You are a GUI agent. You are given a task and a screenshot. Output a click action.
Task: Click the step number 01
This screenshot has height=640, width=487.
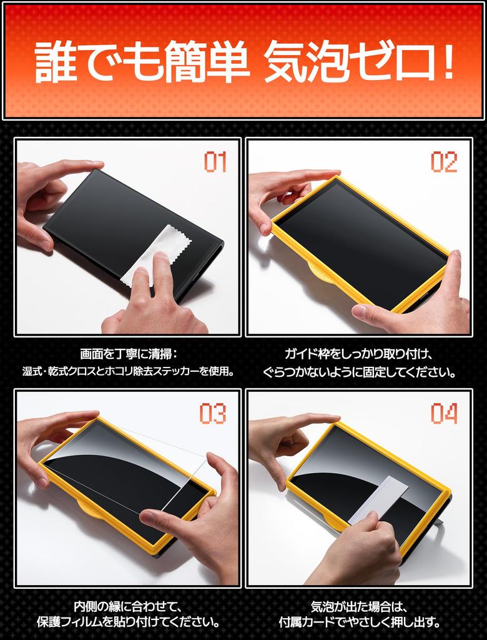tap(215, 162)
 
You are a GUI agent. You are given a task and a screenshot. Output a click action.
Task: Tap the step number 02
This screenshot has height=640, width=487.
tap(444, 162)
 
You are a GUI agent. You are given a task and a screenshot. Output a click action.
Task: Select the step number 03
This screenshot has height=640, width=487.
tap(213, 413)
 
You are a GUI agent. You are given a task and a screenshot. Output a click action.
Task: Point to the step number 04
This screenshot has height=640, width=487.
tap(444, 413)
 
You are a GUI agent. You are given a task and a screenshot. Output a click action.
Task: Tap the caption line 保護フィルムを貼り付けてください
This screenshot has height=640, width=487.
tap(127, 622)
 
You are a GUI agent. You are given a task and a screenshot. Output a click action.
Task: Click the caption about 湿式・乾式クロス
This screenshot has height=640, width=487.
tap(127, 372)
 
